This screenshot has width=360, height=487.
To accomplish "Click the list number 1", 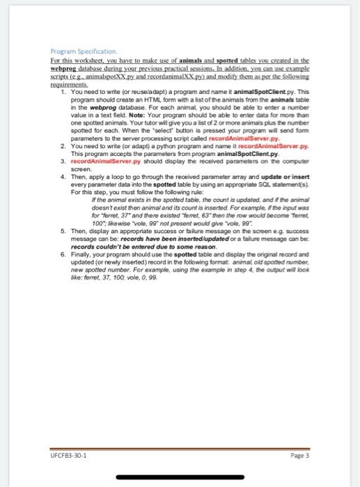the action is (x=63, y=91).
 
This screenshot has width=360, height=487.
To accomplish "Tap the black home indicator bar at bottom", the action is (x=180, y=478).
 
